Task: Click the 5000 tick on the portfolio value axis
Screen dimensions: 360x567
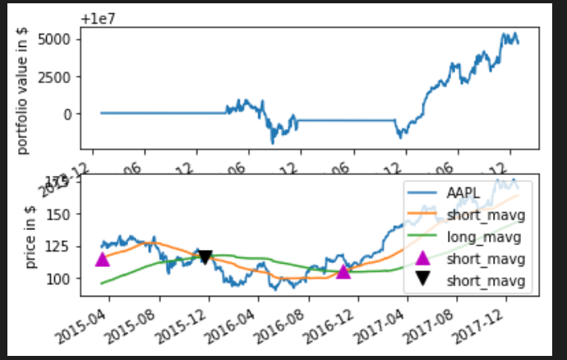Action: (x=64, y=39)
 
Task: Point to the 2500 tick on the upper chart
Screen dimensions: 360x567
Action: (x=64, y=76)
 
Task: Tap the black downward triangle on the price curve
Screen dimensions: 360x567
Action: (x=205, y=257)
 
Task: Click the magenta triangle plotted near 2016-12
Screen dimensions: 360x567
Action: (x=343, y=270)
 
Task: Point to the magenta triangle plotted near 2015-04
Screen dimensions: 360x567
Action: (x=102, y=259)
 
